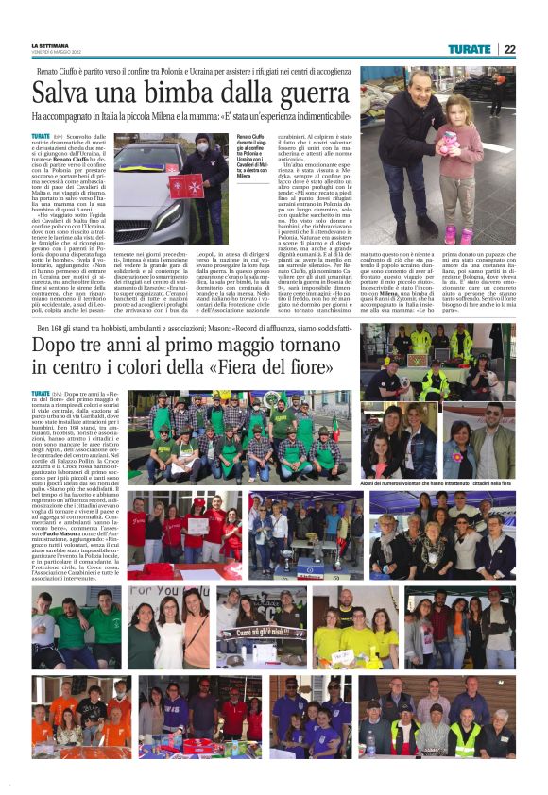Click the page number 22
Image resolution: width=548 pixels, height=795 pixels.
pyautogui.click(x=509, y=49)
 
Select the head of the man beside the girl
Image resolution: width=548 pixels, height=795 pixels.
pyautogui.click(x=410, y=94)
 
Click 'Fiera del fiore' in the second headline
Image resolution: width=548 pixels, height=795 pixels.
pyautogui.click(x=287, y=370)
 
